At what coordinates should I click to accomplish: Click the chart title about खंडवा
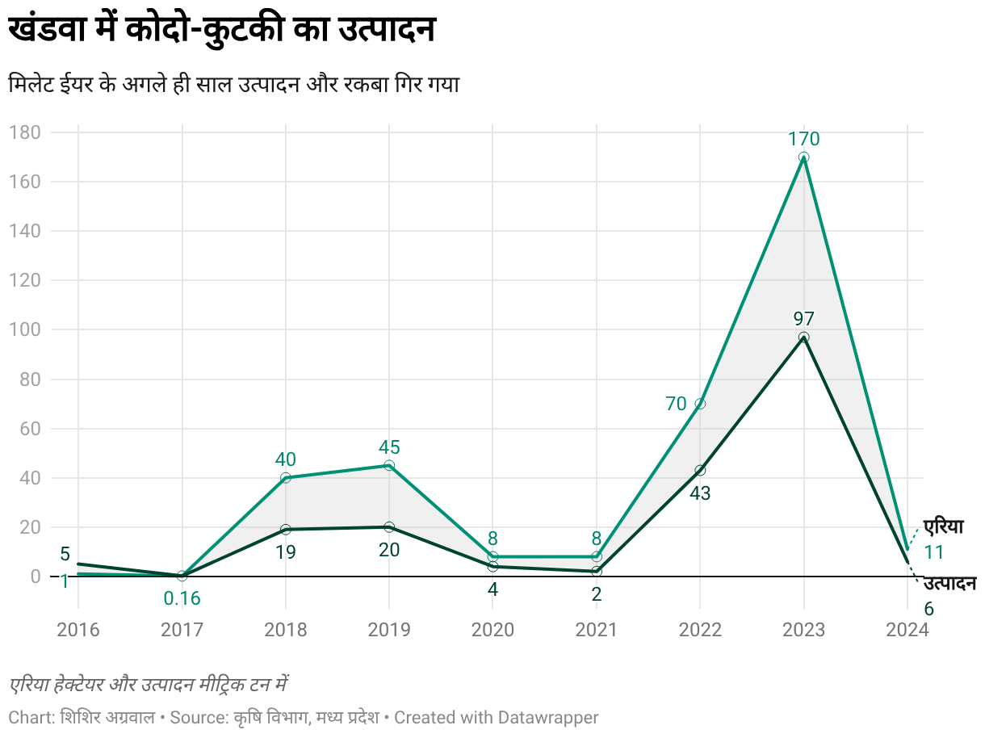222,31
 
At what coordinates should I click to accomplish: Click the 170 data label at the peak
803,139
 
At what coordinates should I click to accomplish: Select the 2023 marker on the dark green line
803,338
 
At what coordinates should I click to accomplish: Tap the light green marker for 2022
700,404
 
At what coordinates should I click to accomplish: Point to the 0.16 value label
182,599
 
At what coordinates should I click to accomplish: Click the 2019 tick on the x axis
389,630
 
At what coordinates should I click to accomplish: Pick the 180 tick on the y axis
24,132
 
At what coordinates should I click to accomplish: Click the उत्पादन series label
949,584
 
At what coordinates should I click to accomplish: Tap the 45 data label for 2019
389,447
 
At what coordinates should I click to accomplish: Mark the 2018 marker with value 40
285,478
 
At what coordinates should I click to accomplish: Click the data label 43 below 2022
700,493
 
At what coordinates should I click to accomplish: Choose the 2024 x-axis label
907,630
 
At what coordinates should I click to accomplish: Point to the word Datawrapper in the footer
548,717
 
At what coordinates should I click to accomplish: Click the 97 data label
803,318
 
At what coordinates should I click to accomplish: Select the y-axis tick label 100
24,329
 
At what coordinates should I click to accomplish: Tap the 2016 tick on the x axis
78,630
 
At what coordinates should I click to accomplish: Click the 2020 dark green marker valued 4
492,567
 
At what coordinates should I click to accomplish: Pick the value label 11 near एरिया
933,553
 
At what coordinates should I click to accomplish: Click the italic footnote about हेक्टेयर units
149,686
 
